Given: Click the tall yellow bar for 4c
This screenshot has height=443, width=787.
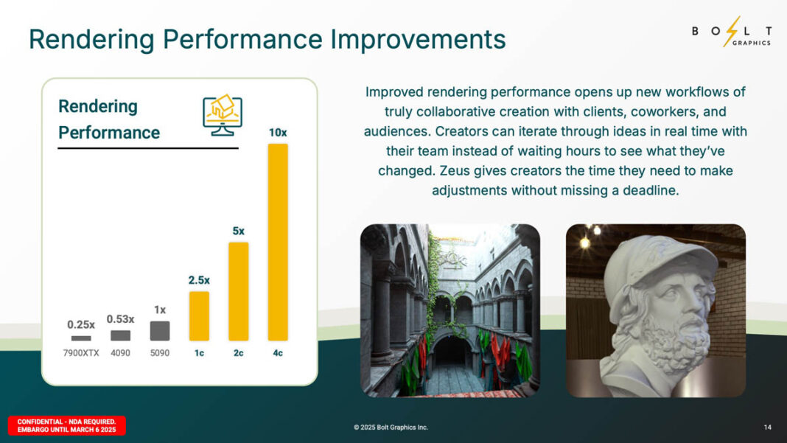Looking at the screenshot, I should pyautogui.click(x=278, y=242).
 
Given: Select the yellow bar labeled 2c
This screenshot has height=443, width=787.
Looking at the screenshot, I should pyautogui.click(x=238, y=291).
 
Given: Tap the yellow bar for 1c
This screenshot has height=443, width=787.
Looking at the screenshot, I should pyautogui.click(x=199, y=315).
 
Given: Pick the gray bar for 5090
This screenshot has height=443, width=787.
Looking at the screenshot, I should pyautogui.click(x=160, y=330).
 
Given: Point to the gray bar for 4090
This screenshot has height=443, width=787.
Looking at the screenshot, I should pyautogui.click(x=120, y=335).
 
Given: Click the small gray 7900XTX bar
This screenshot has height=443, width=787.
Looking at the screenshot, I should pyautogui.click(x=81, y=338).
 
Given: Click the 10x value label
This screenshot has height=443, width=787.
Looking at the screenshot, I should pyautogui.click(x=278, y=133).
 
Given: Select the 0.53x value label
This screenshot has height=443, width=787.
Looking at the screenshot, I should pyautogui.click(x=120, y=319).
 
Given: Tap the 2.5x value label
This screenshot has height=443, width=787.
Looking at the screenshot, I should pyautogui.click(x=198, y=280).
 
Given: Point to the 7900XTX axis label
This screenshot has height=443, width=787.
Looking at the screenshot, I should pyautogui.click(x=81, y=353).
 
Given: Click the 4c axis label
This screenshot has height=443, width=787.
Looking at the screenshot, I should pyautogui.click(x=278, y=353).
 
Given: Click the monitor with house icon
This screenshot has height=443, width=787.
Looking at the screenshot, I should pyautogui.click(x=222, y=115).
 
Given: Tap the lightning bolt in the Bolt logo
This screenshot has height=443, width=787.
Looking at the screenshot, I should pyautogui.click(x=731, y=32).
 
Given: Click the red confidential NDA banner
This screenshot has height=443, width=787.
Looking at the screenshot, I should pyautogui.click(x=67, y=425).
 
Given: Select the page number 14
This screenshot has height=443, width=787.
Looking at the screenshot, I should pyautogui.click(x=767, y=428).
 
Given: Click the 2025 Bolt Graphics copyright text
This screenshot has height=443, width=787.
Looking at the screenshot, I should pyautogui.click(x=391, y=428).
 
